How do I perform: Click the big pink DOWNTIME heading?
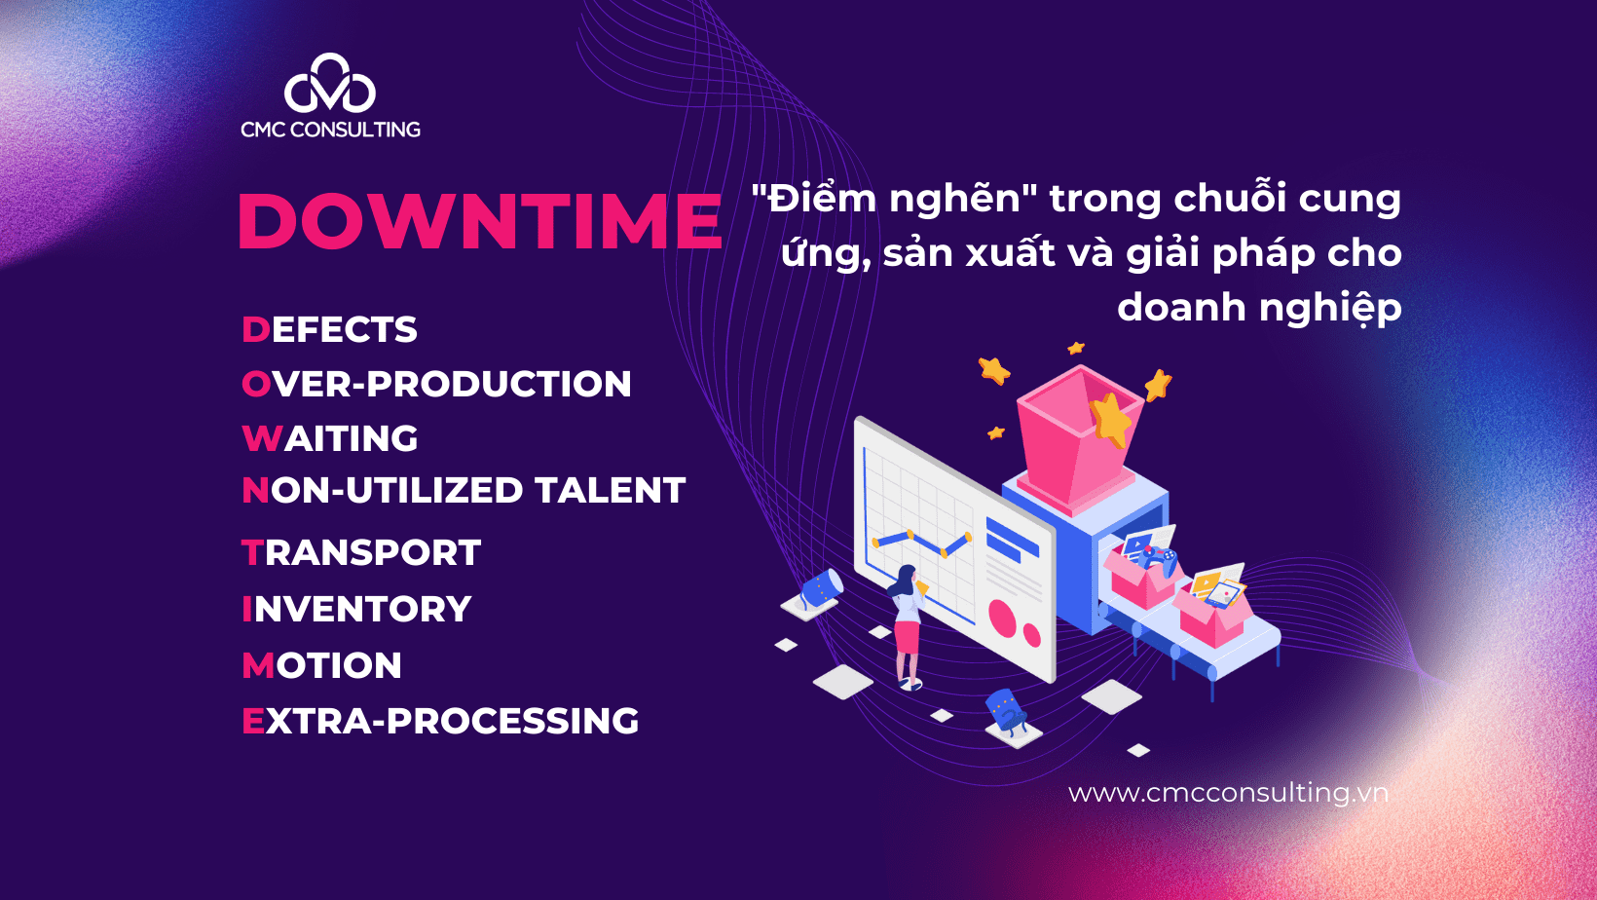[480, 221]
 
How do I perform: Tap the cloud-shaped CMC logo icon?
[329, 84]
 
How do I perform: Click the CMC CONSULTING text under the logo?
[330, 130]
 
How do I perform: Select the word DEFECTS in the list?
[329, 329]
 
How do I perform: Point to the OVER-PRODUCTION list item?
[436, 384]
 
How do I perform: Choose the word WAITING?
[330, 438]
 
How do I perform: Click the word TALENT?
[611, 491]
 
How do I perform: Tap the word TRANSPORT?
[361, 552]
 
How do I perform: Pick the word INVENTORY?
[356, 609]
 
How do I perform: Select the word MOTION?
[321, 665]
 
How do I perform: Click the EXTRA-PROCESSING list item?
[440, 720]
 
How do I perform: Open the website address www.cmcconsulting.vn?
[1228, 793]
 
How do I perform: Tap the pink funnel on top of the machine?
[1078, 435]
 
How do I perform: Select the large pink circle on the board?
[1002, 618]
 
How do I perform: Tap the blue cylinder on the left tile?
[822, 588]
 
